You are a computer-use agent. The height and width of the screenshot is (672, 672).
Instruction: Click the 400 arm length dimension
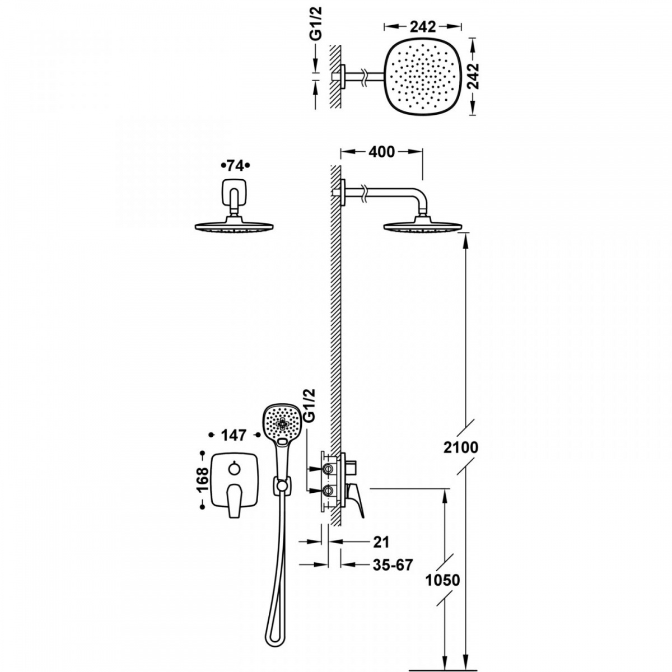pos(381,152)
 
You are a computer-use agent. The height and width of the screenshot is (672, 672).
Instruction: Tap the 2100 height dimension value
pos(461,447)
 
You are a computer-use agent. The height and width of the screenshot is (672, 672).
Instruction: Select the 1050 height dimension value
pos(442,580)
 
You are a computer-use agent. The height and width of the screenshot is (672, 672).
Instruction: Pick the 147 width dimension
pos(234,435)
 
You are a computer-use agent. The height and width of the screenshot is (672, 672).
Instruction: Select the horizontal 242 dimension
pos(423,27)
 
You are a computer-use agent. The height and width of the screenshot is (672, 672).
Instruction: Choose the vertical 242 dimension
pos(473,76)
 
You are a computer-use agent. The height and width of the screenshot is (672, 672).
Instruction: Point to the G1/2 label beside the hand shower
pos(309,405)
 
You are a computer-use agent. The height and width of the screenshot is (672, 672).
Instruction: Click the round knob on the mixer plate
pos(234,469)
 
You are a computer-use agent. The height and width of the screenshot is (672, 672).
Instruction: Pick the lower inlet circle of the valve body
pos(327,491)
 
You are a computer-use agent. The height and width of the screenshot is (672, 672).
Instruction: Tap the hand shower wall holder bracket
pos(281,486)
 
